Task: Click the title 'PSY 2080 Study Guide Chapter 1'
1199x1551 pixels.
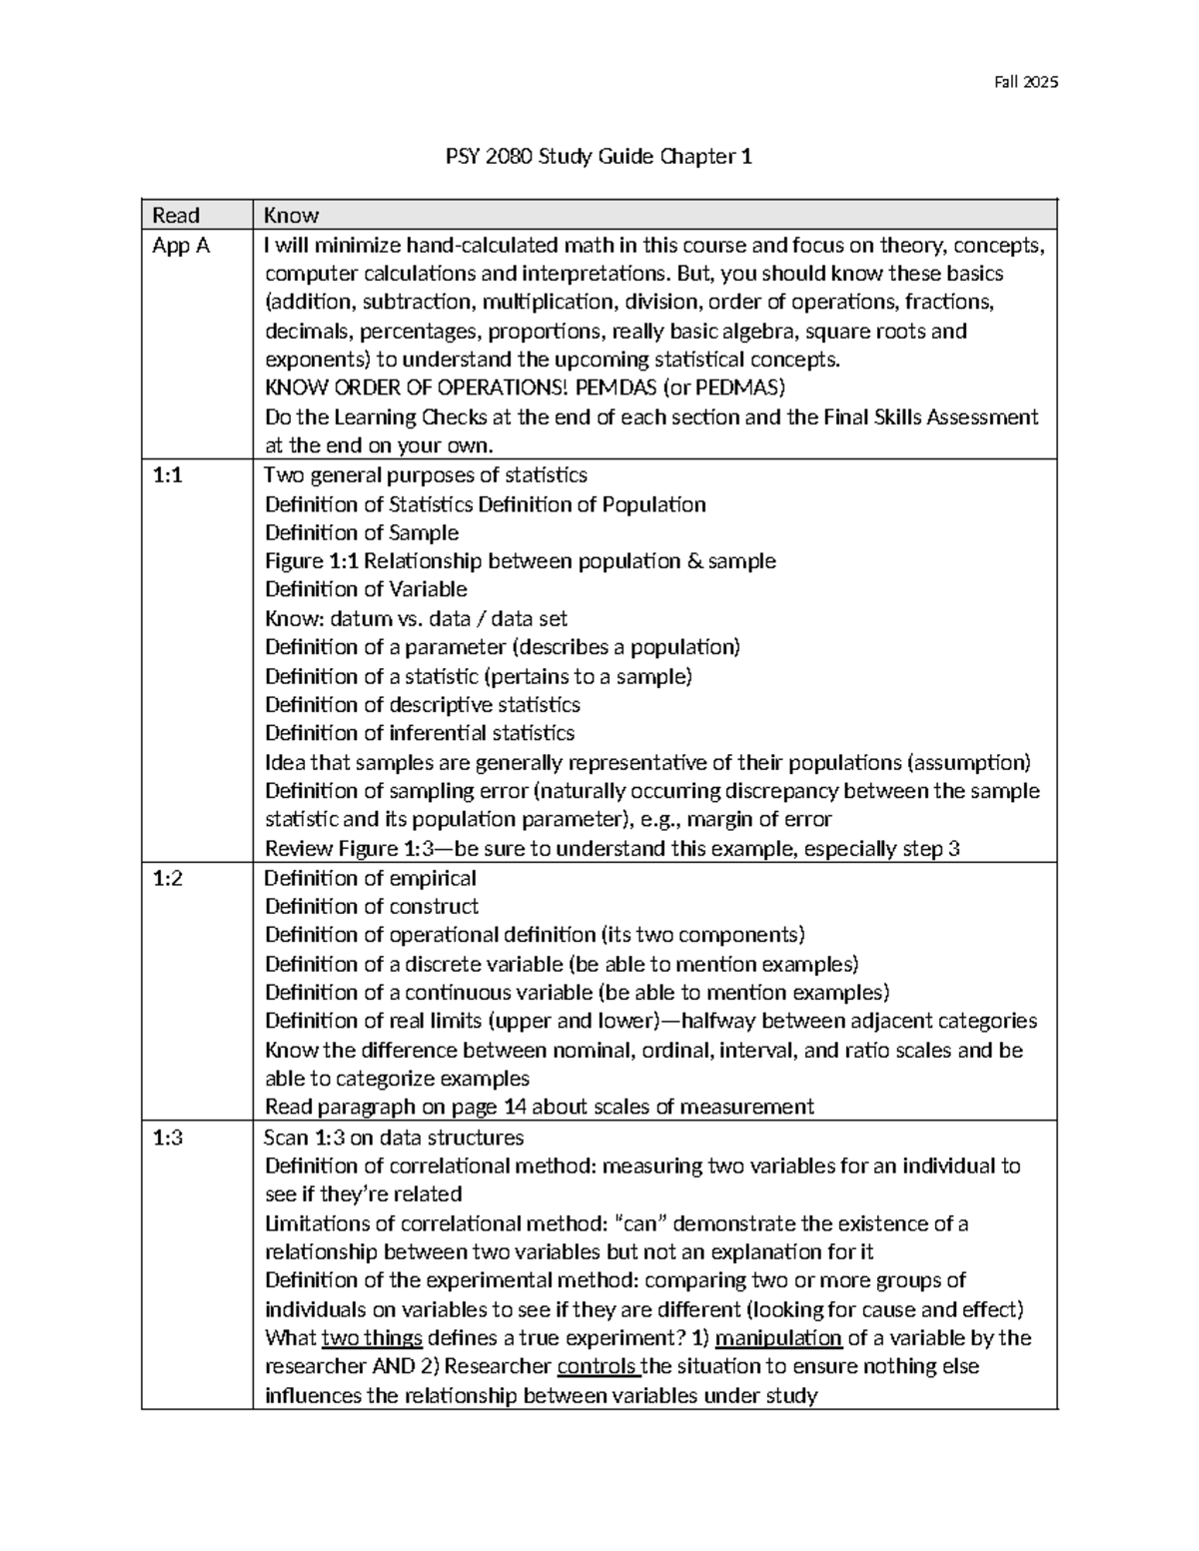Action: click(599, 157)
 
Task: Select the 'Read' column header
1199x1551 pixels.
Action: click(176, 215)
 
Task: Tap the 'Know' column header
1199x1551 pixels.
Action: click(291, 215)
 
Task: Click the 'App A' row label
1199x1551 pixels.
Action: click(181, 245)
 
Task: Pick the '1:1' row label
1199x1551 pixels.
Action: click(167, 475)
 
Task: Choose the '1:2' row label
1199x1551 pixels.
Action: click(167, 879)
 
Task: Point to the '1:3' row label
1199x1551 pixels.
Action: click(167, 1138)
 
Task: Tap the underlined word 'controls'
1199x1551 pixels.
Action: click(598, 1367)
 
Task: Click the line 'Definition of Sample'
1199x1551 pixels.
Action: click(362, 533)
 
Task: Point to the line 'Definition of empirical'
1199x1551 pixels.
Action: click(370, 879)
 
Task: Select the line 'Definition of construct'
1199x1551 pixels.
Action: click(371, 907)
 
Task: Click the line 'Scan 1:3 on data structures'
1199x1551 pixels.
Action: click(394, 1138)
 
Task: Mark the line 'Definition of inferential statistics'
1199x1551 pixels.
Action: click(420, 734)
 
